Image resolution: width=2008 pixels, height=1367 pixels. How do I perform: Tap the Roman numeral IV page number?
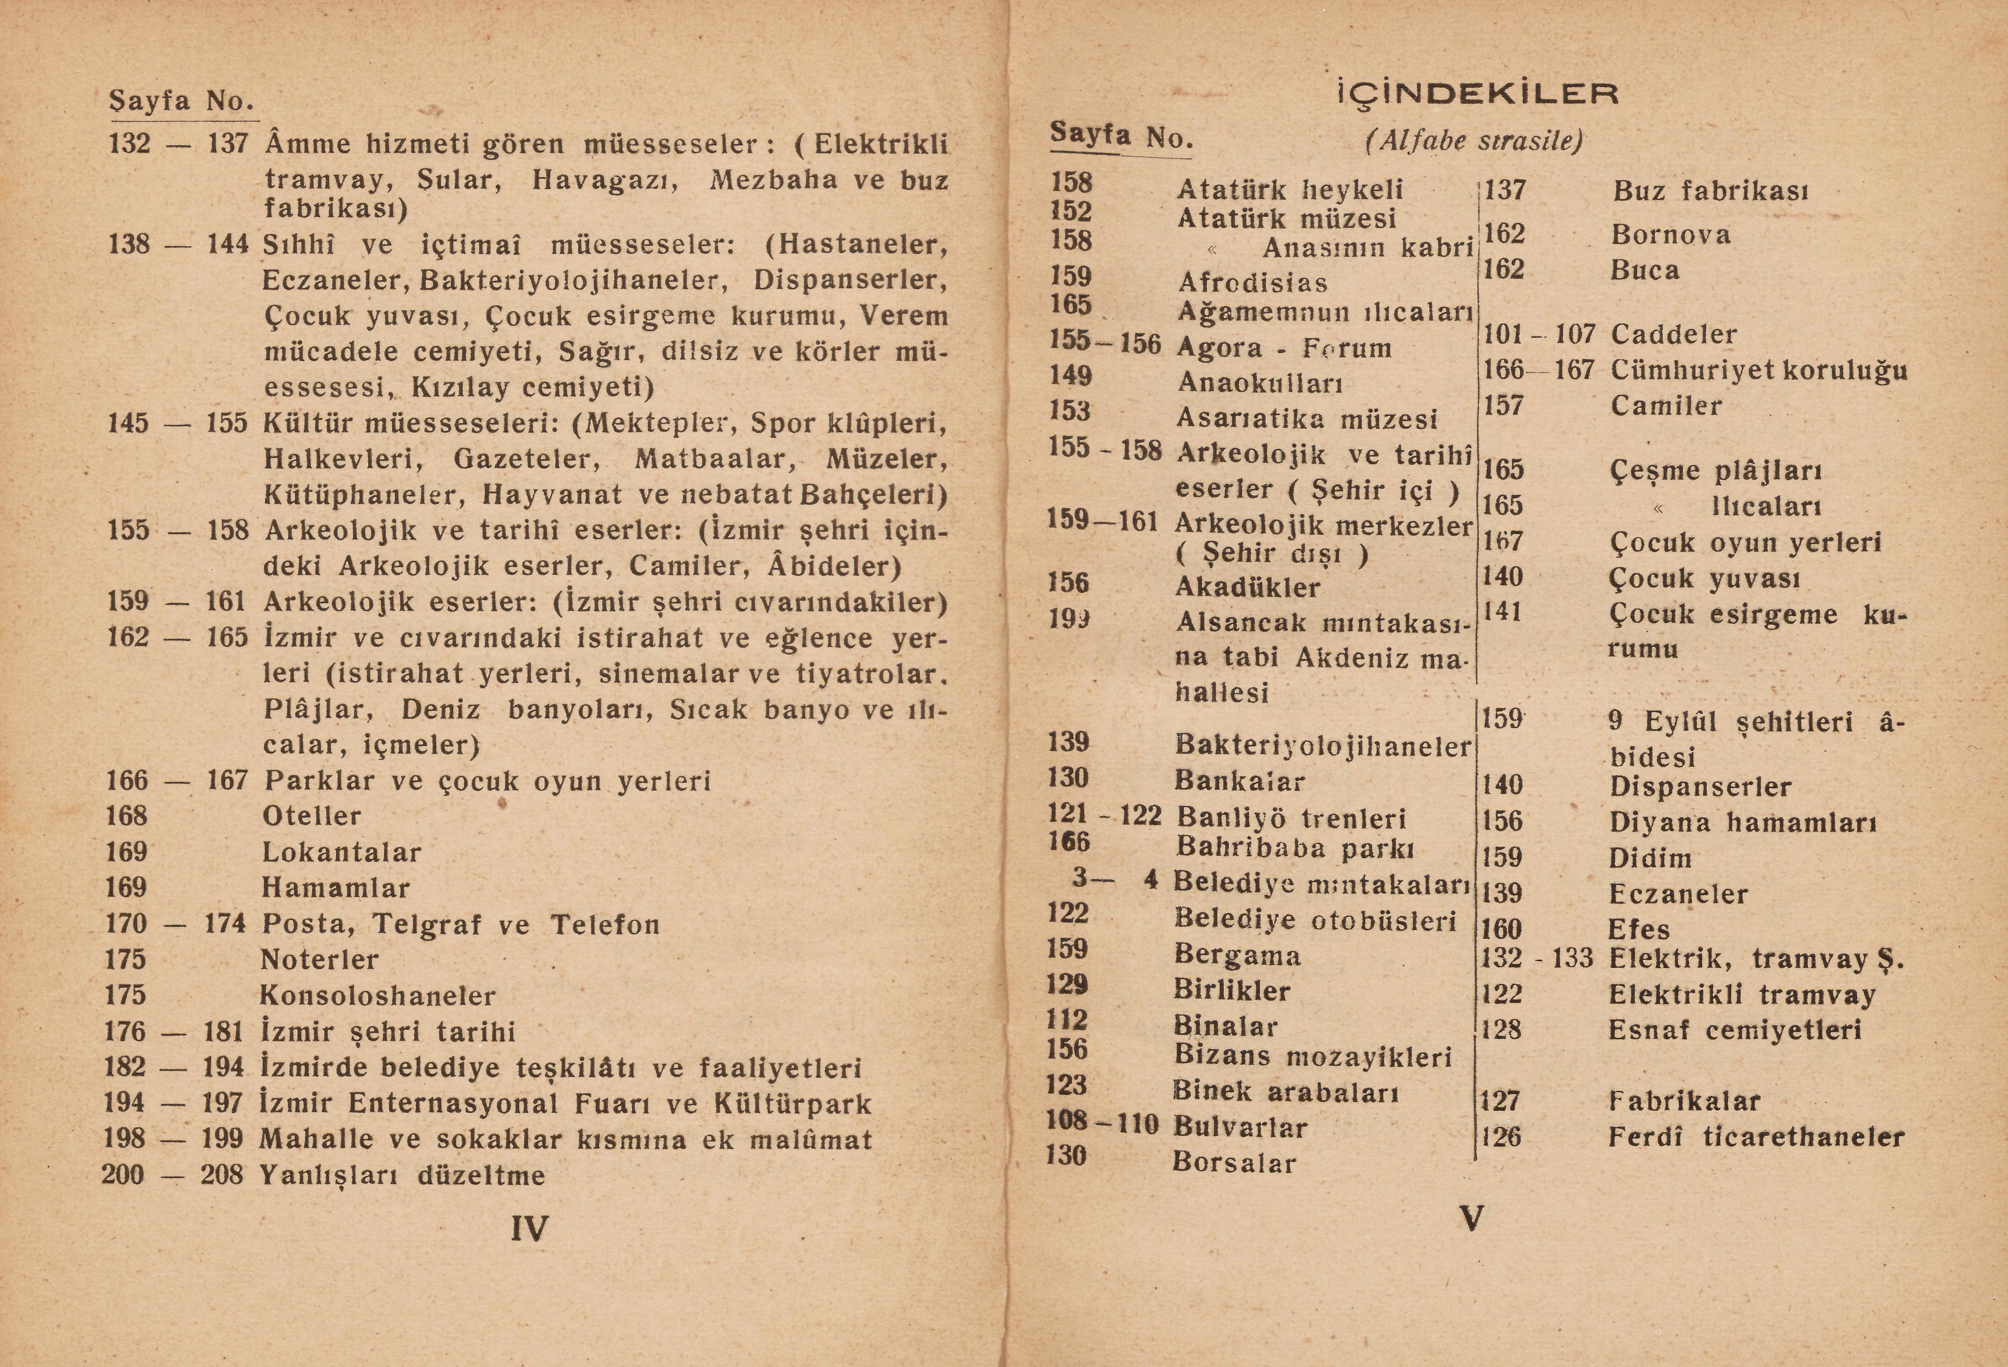point(529,1228)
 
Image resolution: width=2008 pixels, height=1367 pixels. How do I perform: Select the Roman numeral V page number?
point(1472,1218)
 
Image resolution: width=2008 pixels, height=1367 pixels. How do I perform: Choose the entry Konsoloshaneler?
point(378,995)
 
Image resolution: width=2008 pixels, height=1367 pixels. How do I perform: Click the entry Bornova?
point(1670,235)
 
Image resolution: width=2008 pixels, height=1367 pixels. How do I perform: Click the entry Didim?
point(1650,858)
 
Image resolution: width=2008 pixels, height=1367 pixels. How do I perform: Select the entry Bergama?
point(1237,955)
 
